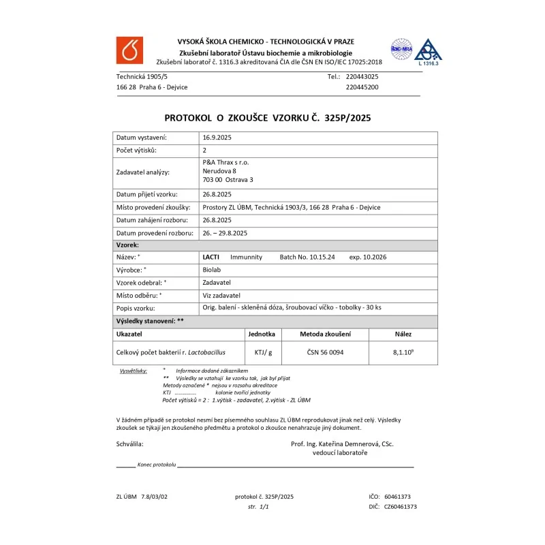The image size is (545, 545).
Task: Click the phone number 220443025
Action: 362,77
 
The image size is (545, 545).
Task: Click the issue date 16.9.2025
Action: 217,138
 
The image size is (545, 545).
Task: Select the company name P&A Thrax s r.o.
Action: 225,162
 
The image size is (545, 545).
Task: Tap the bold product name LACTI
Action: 211,258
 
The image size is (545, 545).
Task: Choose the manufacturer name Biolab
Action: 212,270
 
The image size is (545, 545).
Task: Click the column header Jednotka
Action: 262,334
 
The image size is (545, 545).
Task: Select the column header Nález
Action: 403,334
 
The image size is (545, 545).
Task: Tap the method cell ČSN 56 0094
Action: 326,353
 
